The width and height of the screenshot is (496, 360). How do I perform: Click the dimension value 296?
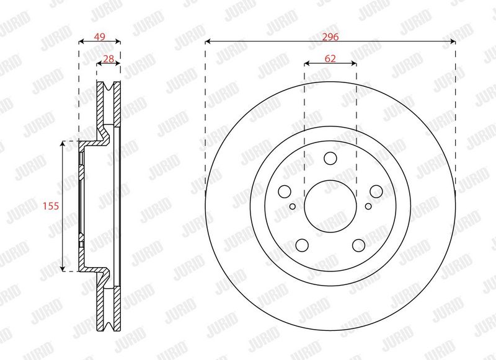(330, 37)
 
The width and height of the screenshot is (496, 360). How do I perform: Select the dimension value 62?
(330, 58)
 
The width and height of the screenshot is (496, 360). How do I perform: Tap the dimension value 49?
(100, 37)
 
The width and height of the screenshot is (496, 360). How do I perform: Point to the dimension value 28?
(108, 59)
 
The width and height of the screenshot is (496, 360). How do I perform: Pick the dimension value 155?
(51, 206)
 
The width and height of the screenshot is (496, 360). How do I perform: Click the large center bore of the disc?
(330, 206)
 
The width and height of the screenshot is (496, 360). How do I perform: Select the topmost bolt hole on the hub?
(330, 158)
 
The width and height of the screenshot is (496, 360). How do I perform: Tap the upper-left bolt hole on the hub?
(285, 191)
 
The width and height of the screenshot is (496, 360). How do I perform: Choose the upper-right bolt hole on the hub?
(376, 191)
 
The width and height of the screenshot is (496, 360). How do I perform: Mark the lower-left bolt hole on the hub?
(302, 245)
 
